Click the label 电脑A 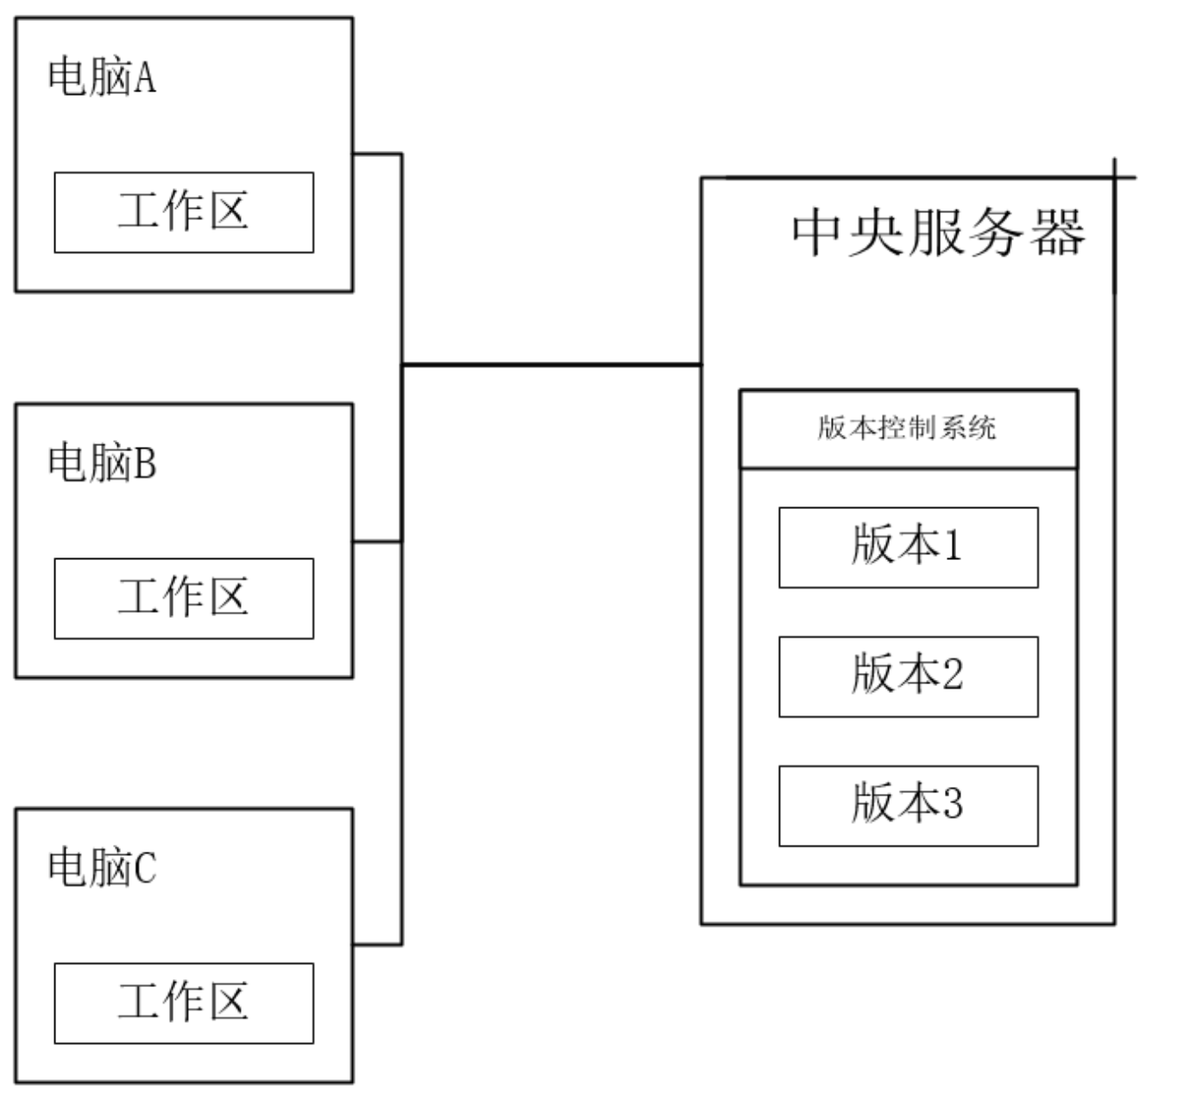[102, 77]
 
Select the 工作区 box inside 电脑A [184, 212]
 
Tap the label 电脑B [102, 462]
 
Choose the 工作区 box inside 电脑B [184, 598]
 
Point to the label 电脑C [102, 867]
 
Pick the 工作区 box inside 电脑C [184, 1003]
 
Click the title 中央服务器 [938, 233]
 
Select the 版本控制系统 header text [907, 428]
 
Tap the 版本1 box [908, 547]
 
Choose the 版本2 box [908, 676]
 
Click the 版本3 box [908, 806]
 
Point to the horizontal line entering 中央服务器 [552, 365]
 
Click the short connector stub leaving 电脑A [377, 154]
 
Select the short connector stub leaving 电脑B [377, 542]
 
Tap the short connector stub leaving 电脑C [377, 944]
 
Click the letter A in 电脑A [146, 79]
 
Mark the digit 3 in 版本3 [953, 804]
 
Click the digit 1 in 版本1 [953, 546]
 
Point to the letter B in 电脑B [146, 464]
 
